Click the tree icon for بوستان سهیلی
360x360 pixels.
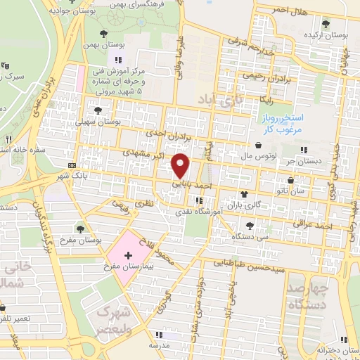97,110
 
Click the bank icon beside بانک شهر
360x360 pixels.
72,166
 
